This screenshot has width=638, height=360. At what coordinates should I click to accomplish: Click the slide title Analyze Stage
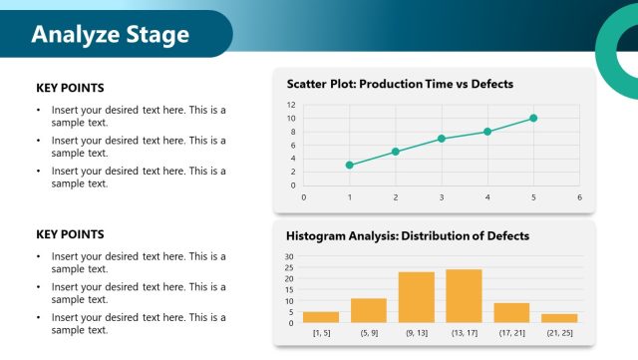110,35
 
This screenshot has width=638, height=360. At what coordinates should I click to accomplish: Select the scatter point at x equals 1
349,165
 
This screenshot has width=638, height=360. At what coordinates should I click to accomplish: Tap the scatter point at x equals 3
442,138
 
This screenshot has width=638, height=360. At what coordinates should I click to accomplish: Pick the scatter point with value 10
533,118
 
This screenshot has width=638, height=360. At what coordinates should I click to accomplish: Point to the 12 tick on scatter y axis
291,105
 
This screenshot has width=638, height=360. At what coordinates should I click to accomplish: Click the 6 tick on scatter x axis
579,197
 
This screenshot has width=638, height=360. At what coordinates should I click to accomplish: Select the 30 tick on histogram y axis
290,256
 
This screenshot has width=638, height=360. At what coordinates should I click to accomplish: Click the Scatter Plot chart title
400,85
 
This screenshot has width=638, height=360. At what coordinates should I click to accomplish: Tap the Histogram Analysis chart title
408,236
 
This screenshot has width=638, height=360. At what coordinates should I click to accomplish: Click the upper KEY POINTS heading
70,88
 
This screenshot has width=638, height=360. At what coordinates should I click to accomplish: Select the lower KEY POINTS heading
70,234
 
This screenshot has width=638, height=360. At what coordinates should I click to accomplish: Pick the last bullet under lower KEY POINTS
139,323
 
